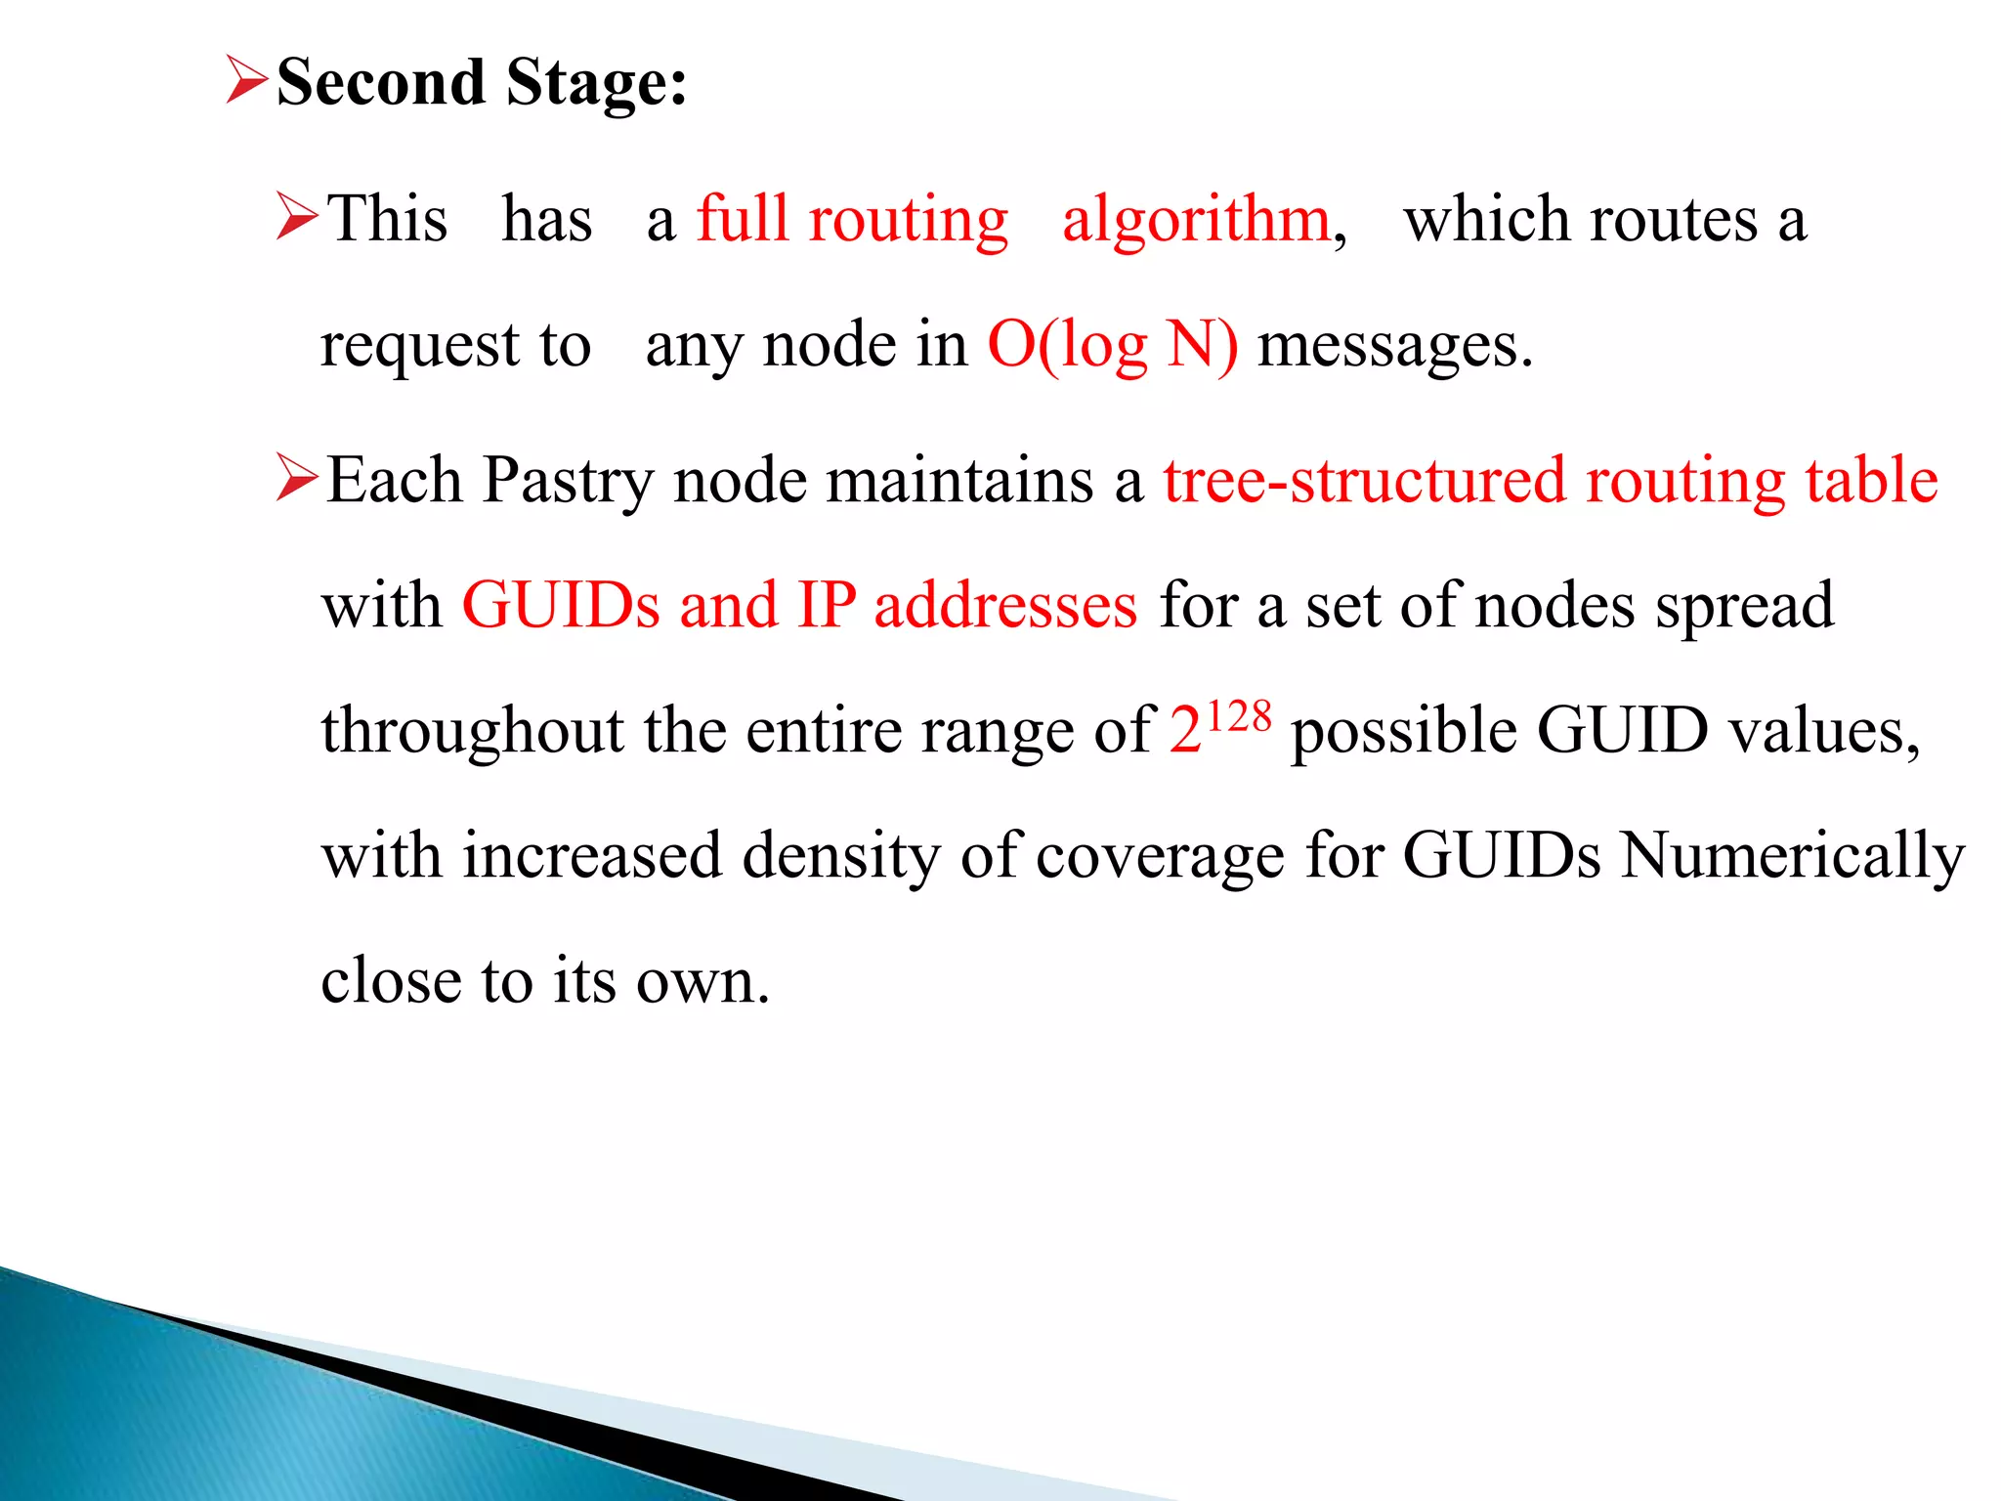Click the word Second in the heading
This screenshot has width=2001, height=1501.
(380, 82)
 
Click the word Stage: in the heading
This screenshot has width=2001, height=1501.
(597, 82)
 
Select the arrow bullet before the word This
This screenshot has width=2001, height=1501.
(296, 216)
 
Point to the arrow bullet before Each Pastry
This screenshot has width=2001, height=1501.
(296, 478)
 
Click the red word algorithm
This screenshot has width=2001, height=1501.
(1196, 220)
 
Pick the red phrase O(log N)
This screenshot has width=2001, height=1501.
(1113, 346)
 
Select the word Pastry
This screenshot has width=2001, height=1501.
(568, 482)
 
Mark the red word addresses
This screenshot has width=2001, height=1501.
(1005, 605)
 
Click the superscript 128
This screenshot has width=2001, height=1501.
(1239, 716)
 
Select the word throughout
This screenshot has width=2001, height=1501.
(472, 731)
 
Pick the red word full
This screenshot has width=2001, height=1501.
(742, 218)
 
